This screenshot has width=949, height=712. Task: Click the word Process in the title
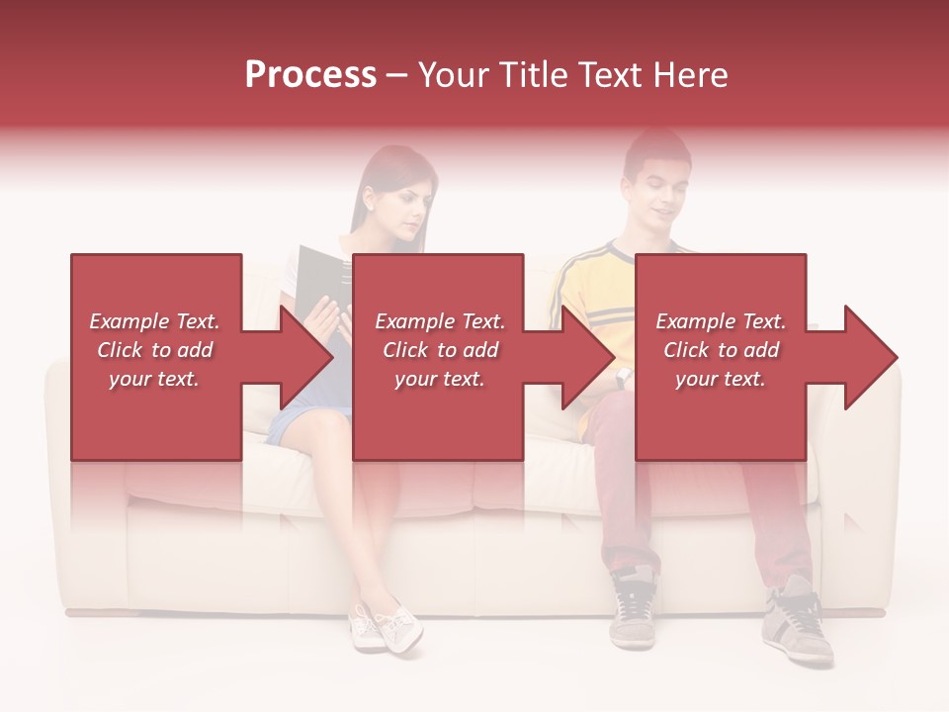pyautogui.click(x=310, y=75)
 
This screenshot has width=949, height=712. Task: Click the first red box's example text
pyautogui.click(x=154, y=350)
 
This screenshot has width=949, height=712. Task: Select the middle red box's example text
pyautogui.click(x=439, y=350)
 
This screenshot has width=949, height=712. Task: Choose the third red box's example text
pyautogui.click(x=721, y=350)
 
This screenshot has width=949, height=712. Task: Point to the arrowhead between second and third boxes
pyautogui.click(x=590, y=357)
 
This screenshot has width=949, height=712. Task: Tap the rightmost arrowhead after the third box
pyautogui.click(x=870, y=357)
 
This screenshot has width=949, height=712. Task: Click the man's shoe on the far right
pyautogui.click(x=798, y=623)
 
